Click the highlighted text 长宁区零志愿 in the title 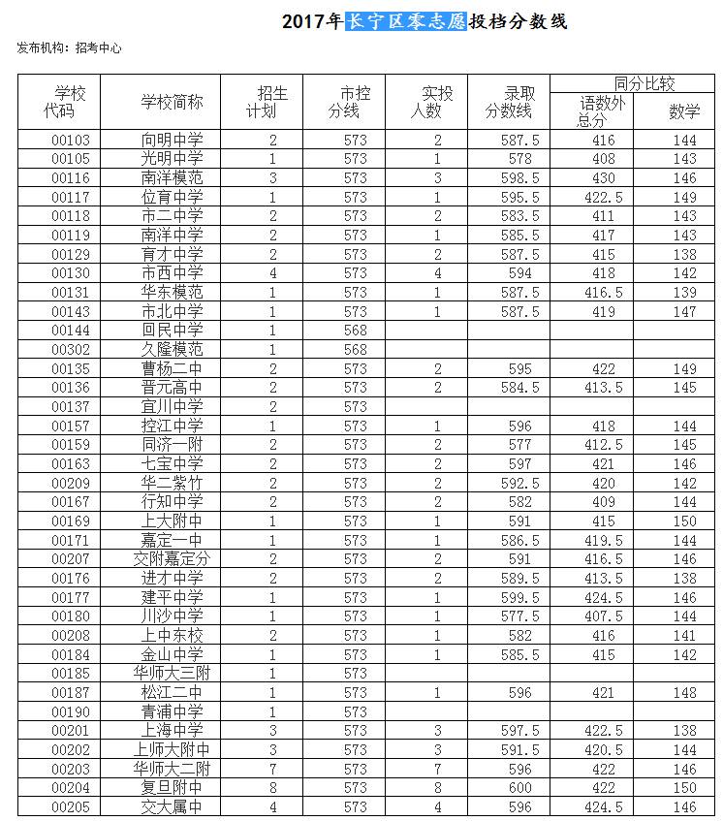tap(406, 21)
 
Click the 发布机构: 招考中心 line tap(69, 47)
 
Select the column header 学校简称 tap(172, 102)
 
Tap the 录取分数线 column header tap(509, 102)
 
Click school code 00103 tap(71, 140)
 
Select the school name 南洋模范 tap(172, 177)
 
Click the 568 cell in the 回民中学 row tap(356, 330)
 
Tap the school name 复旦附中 tap(172, 787)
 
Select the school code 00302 tap(71, 349)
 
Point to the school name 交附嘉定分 tap(172, 558)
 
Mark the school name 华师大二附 tap(172, 769)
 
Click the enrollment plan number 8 tap(273, 787)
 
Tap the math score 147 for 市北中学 tap(684, 311)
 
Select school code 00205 tap(71, 806)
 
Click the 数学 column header tap(684, 111)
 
